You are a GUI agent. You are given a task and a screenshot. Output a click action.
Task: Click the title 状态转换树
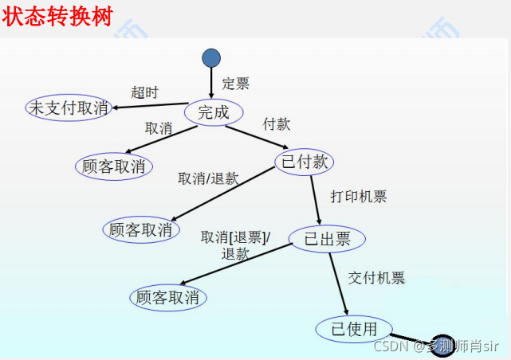[x=57, y=17]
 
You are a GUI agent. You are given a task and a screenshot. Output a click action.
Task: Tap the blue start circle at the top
[x=211, y=57]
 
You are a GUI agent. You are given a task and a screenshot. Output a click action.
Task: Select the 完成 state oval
[x=213, y=112]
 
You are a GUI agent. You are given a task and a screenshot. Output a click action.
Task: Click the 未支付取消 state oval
[x=68, y=108]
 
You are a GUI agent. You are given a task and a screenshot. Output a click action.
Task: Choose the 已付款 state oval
[x=304, y=162]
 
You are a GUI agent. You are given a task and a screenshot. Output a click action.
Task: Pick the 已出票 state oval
[x=326, y=238]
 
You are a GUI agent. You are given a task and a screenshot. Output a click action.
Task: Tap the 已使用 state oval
[x=354, y=328]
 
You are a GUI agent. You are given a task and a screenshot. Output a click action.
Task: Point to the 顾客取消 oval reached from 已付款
[x=140, y=229]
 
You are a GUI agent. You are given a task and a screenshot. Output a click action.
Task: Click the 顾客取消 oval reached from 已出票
[x=168, y=298]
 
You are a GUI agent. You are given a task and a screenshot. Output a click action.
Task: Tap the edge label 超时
[x=144, y=91]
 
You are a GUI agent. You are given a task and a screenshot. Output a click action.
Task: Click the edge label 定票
[x=235, y=84]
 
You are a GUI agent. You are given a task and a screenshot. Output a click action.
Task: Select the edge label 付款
[x=276, y=124]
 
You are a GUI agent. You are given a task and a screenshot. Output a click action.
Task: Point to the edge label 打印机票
[x=359, y=197]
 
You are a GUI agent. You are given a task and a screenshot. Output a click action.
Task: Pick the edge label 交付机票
[x=376, y=278]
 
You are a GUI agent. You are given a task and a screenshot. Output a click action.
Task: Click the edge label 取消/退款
[x=208, y=178]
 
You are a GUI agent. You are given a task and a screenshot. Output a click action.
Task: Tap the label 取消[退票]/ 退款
[x=235, y=245]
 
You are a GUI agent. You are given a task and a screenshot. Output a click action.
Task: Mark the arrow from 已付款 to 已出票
[x=315, y=199]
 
